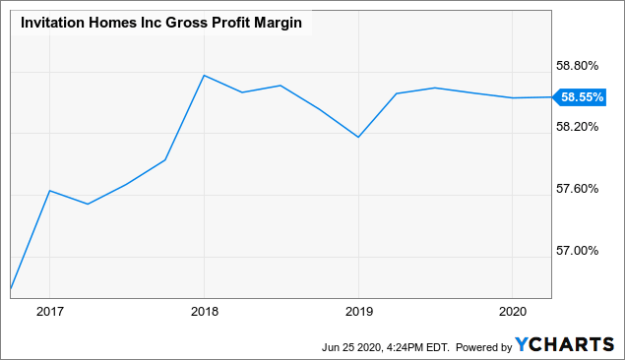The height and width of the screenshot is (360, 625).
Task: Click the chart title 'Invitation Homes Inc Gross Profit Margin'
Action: pos(160,22)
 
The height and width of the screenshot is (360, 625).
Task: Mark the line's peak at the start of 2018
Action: pos(203,75)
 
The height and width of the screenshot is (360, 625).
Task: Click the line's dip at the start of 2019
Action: pos(358,137)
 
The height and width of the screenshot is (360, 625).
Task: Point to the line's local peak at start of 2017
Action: pos(49,191)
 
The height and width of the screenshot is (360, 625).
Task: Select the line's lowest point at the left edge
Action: pos(11,289)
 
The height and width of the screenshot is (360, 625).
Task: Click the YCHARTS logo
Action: pos(566,345)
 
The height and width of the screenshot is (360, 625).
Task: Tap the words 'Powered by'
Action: pos(482,346)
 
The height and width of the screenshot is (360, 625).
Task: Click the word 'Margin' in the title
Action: pos(278,22)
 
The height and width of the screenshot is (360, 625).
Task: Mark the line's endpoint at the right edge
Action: pos(551,97)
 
